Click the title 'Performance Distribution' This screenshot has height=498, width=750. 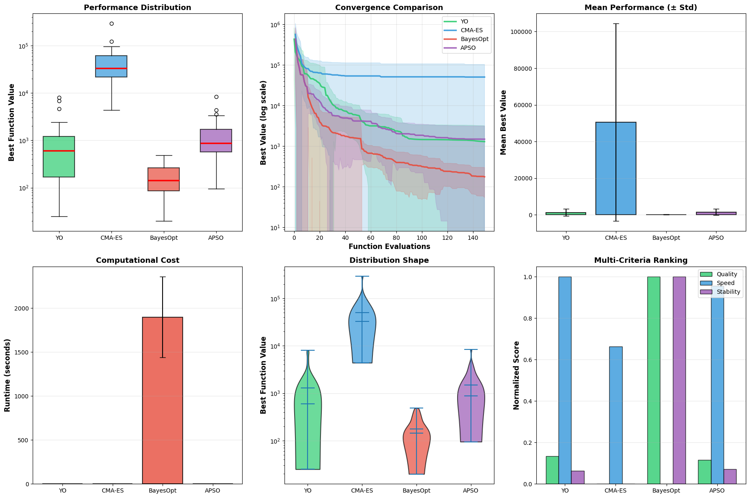coord(137,8)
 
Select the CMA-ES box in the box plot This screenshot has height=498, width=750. coord(111,66)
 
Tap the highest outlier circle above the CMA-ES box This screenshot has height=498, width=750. coord(111,24)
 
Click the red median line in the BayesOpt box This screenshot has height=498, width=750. coord(163,180)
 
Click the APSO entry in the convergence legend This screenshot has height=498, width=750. coord(468,48)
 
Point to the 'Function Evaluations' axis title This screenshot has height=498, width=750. coord(389,246)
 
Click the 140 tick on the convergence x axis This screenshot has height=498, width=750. coord(473,238)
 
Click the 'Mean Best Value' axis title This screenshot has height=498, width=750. coord(503,122)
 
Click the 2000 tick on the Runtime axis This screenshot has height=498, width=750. coord(21,308)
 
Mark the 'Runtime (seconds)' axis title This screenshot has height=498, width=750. coord(7,375)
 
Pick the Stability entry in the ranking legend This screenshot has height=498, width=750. coord(728,292)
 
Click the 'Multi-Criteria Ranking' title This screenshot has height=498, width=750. coord(641,260)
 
